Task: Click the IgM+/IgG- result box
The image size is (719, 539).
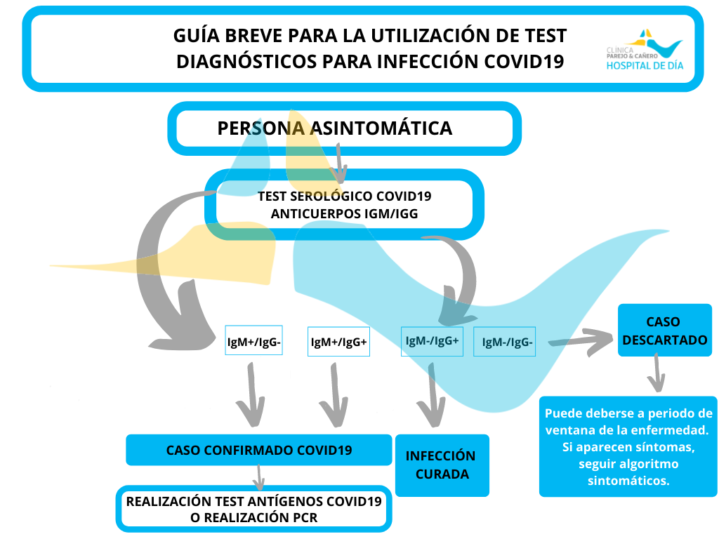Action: (253, 340)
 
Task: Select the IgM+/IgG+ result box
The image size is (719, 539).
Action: (338, 342)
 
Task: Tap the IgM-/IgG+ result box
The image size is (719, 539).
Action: (432, 342)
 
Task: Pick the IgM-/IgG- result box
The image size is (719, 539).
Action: (504, 342)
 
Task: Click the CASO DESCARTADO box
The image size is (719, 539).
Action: (664, 330)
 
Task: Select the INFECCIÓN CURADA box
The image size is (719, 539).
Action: (442, 465)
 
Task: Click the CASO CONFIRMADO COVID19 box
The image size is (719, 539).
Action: (258, 450)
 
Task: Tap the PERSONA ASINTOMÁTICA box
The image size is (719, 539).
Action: (344, 128)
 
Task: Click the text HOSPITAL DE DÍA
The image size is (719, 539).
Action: (645, 65)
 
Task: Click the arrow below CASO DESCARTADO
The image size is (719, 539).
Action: (657, 373)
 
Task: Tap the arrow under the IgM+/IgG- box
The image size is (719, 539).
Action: (251, 395)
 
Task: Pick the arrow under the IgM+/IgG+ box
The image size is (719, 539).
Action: (334, 395)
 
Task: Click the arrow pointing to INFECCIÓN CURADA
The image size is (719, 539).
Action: (431, 395)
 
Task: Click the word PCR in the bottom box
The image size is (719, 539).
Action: (305, 518)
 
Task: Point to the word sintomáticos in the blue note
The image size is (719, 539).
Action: (628, 481)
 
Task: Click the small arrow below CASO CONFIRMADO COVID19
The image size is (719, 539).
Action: (258, 477)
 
